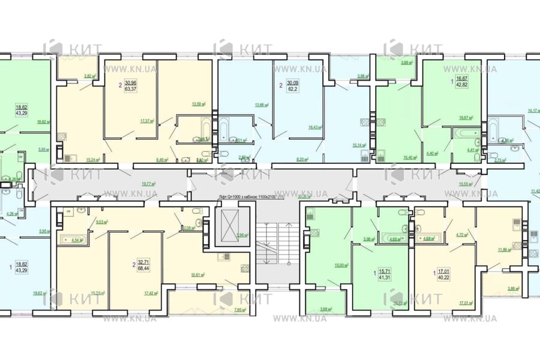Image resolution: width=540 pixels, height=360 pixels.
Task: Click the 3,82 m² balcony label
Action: coord(90,76)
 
